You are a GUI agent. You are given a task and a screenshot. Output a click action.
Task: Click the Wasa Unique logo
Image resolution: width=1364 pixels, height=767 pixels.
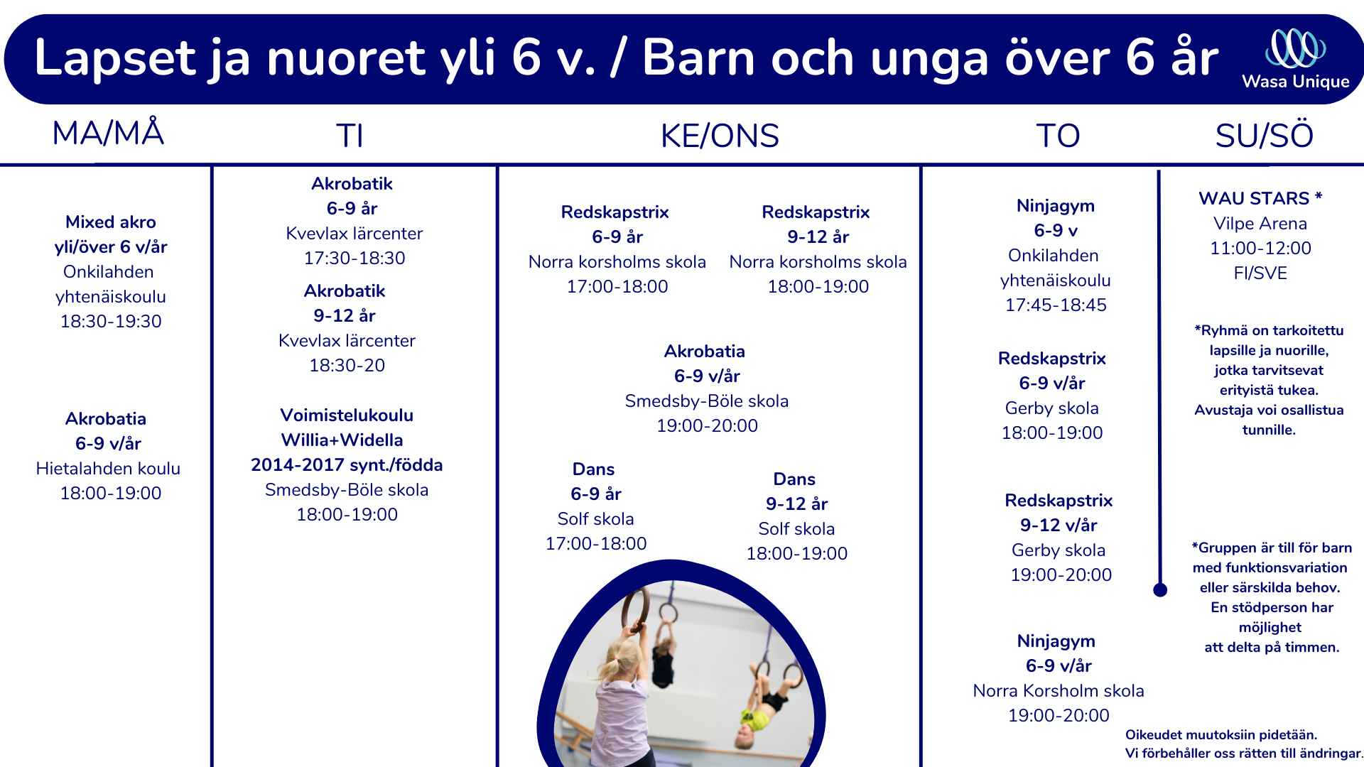pyautogui.click(x=1295, y=59)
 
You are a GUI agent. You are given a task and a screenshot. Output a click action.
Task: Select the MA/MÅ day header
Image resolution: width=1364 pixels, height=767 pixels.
pyautogui.click(x=109, y=133)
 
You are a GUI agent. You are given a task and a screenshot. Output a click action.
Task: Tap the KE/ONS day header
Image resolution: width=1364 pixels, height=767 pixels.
pyautogui.click(x=720, y=136)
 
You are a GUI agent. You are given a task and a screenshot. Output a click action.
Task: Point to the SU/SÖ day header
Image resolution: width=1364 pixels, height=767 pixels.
pyautogui.click(x=1264, y=135)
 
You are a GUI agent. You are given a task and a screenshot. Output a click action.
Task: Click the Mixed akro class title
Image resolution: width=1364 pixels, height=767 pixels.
pyautogui.click(x=111, y=222)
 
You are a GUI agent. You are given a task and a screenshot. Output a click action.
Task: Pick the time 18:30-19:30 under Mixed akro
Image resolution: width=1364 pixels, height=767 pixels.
pyautogui.click(x=111, y=322)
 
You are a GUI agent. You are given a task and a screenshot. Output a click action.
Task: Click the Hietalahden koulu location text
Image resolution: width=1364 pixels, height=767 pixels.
pyautogui.click(x=108, y=469)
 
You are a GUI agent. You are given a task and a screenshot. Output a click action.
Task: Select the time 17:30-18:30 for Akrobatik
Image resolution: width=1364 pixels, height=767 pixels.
pyautogui.click(x=354, y=259)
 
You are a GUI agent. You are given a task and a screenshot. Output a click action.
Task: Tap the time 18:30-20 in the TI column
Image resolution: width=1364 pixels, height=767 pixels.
pyautogui.click(x=347, y=366)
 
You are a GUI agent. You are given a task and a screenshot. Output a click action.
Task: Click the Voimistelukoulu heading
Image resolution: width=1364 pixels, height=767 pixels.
pyautogui.click(x=347, y=415)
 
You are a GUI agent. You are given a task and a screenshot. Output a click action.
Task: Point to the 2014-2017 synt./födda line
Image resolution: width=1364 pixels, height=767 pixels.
pyautogui.click(x=347, y=465)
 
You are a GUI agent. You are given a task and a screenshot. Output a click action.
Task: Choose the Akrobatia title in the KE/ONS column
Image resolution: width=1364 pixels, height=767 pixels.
pyautogui.click(x=705, y=352)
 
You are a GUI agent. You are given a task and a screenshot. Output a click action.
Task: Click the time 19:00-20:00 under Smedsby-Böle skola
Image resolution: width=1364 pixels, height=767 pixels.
pyautogui.click(x=707, y=426)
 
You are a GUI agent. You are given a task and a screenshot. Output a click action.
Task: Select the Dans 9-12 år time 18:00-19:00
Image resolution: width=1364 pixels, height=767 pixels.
pyautogui.click(x=796, y=554)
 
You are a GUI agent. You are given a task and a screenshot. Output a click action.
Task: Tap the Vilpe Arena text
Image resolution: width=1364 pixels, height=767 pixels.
pyautogui.click(x=1260, y=224)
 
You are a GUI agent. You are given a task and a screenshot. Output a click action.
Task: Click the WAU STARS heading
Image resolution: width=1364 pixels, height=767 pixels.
pyautogui.click(x=1260, y=198)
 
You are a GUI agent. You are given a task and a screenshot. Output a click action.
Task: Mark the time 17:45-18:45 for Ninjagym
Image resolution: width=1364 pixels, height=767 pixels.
pyautogui.click(x=1056, y=305)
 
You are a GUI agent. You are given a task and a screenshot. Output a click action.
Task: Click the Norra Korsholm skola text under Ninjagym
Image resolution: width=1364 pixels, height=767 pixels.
pyautogui.click(x=1059, y=691)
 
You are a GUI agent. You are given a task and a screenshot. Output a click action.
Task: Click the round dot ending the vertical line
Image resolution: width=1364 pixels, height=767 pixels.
pyautogui.click(x=1160, y=589)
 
